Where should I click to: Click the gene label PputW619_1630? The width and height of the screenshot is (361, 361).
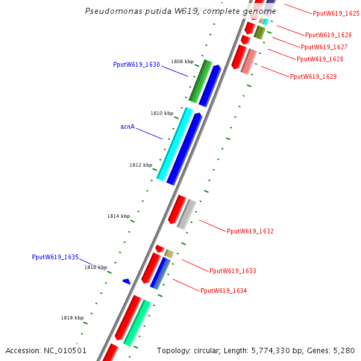tap(137, 64)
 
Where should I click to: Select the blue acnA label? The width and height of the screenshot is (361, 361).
tap(128, 127)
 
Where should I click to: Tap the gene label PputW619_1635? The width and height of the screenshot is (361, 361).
tap(55, 257)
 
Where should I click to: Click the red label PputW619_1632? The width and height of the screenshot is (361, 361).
tap(250, 231)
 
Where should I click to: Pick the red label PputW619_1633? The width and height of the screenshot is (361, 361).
tap(233, 271)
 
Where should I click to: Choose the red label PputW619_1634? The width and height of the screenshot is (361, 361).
tap(224, 291)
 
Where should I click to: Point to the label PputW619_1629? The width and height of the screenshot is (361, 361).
tap(313, 76)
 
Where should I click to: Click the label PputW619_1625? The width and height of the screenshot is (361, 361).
tap(336, 13)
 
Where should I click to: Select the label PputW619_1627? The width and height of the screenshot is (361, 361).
tap(324, 47)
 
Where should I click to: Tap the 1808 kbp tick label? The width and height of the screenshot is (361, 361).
tap(182, 61)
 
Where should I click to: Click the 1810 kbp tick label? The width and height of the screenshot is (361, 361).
tap(162, 113)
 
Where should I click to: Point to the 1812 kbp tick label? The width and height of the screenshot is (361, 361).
tap(141, 165)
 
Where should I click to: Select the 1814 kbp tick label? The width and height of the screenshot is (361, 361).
tap(119, 216)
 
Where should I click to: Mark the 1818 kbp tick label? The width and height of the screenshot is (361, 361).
tap(72, 318)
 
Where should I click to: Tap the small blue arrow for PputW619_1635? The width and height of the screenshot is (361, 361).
tap(126, 281)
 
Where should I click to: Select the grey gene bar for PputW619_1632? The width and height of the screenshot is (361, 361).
tap(187, 213)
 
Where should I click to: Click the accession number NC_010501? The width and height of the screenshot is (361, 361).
tap(65, 350)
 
